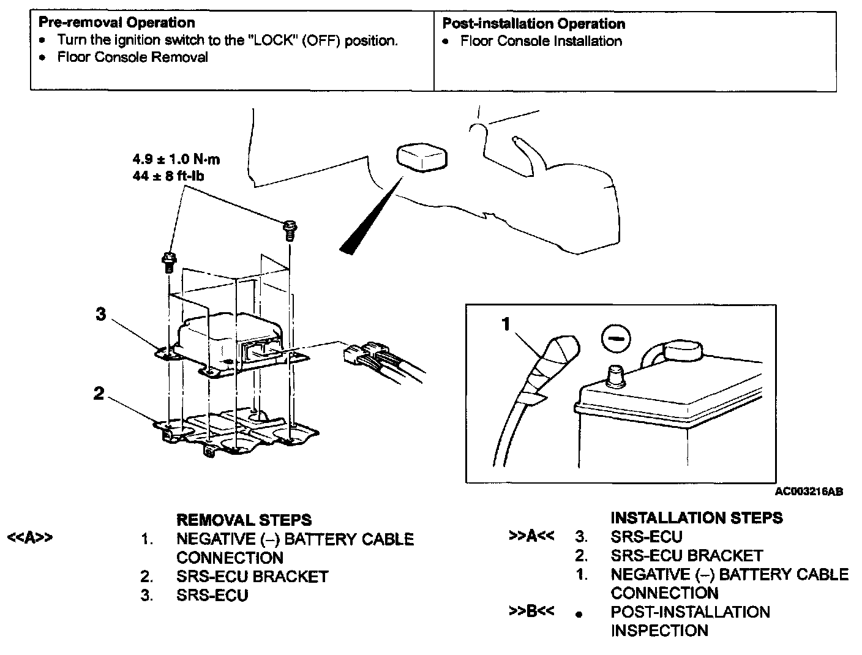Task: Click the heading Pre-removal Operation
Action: pyautogui.click(x=116, y=23)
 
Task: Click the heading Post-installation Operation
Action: pyautogui.click(x=533, y=24)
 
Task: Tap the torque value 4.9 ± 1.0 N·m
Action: pyautogui.click(x=176, y=160)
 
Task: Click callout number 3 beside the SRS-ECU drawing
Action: pyautogui.click(x=101, y=314)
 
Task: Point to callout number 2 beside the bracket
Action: pyautogui.click(x=99, y=394)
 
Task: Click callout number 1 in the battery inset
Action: pyautogui.click(x=506, y=324)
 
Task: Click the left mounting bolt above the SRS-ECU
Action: pyautogui.click(x=168, y=263)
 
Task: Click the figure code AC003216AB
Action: pyautogui.click(x=808, y=492)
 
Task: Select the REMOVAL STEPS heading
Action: pyautogui.click(x=244, y=520)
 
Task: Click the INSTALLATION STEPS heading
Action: pyautogui.click(x=696, y=518)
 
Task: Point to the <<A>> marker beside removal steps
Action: pyautogui.click(x=29, y=538)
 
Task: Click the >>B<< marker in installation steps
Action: pyautogui.click(x=531, y=612)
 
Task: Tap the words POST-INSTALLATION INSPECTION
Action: pyautogui.click(x=690, y=621)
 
